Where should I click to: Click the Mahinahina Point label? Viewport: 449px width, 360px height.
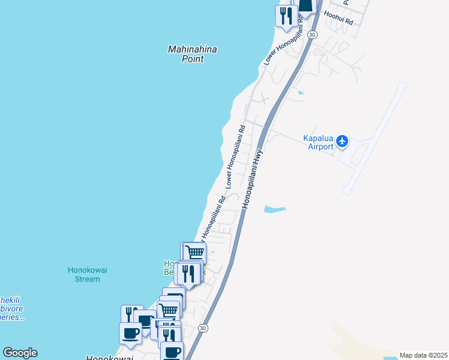192,54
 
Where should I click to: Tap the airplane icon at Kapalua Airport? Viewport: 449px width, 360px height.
342,141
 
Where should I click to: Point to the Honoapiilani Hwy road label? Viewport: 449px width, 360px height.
253,178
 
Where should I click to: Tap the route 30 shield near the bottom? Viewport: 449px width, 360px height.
203,328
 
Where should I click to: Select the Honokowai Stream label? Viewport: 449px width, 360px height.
88,274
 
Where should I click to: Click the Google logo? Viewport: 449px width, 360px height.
20,353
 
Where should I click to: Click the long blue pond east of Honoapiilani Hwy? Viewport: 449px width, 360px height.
275,209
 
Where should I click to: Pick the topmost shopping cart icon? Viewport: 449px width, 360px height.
194,252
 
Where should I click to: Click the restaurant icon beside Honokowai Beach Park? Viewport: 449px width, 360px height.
188,274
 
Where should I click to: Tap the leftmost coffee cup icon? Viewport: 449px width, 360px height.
130,333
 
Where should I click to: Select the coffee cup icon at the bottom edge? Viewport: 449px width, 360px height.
172,351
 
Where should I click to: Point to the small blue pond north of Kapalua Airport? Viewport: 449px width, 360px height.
300,93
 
